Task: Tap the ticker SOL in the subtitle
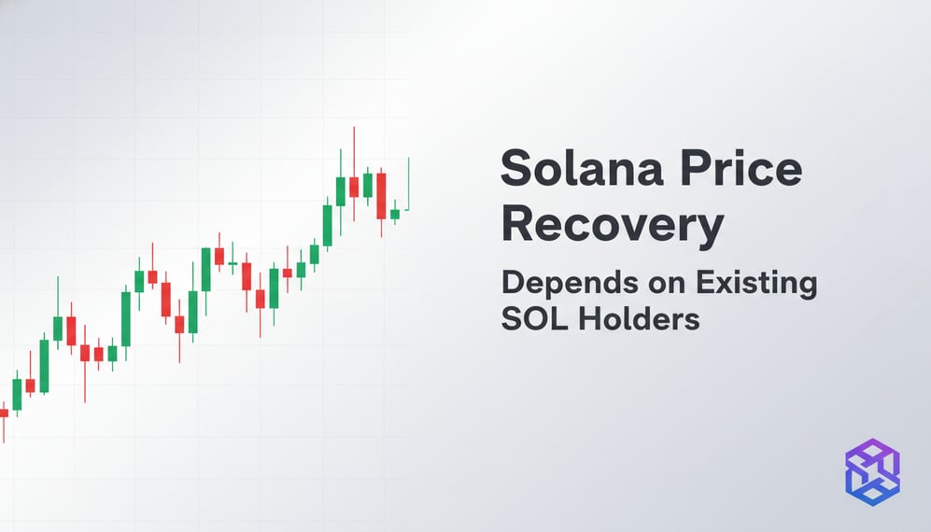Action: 533,318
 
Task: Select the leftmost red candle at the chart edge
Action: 4,412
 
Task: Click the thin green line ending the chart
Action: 409,183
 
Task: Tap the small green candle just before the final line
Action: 395,214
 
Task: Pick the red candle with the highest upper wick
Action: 354,187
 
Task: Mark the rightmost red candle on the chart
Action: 381,195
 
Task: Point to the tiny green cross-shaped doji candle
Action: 233,264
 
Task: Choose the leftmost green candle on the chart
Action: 17,393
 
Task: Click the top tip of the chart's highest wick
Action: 354,127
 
